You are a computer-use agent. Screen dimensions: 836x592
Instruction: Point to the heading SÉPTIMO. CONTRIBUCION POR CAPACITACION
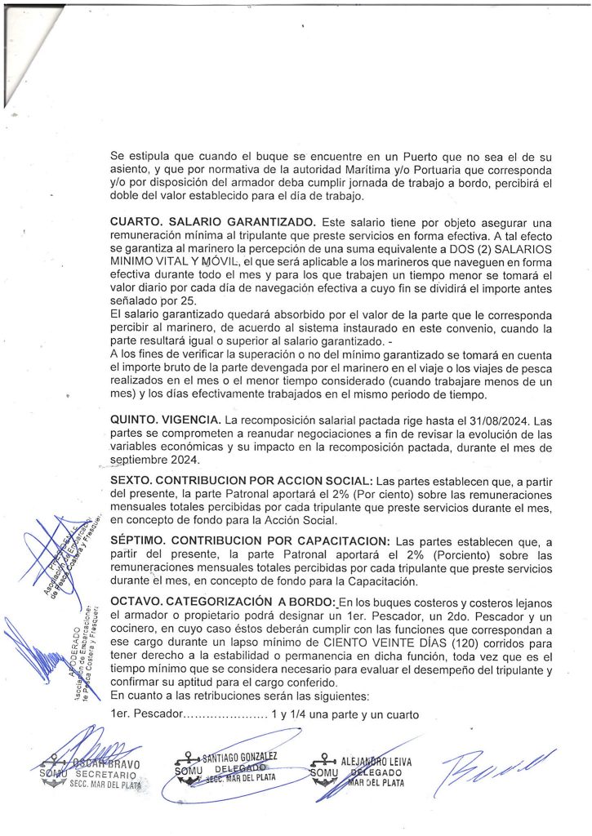coord(250,542)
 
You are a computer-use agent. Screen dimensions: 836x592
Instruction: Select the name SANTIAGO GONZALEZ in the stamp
coord(239,758)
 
